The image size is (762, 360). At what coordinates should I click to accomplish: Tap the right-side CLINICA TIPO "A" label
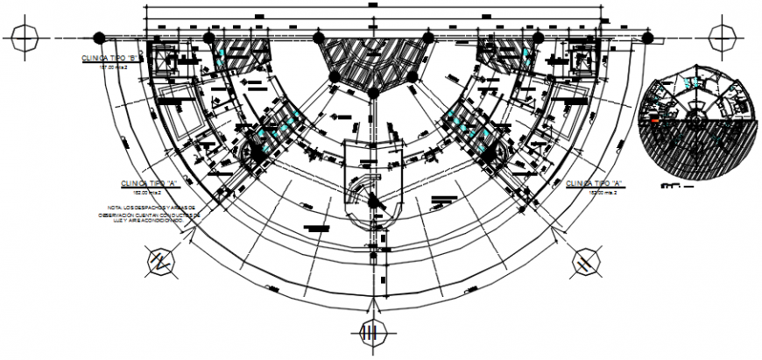[594, 183]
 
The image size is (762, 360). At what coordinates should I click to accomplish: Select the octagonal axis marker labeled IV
[160, 260]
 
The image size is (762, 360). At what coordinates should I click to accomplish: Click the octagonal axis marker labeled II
[583, 260]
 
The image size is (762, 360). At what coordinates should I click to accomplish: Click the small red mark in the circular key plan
[653, 118]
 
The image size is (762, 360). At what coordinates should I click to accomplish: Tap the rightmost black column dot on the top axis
[648, 37]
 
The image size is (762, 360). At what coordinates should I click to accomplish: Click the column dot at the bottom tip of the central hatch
[373, 91]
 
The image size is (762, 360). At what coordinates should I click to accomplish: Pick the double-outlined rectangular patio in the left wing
[181, 110]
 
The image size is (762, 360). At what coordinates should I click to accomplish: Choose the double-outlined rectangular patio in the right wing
[567, 109]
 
